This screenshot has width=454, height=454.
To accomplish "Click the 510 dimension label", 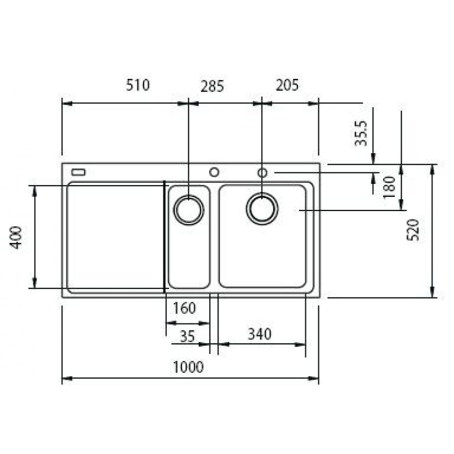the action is [138, 85].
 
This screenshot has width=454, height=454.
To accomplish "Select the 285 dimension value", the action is [212, 86].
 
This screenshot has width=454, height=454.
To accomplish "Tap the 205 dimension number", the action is [287, 85].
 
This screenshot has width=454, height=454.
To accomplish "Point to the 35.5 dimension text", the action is [361, 133].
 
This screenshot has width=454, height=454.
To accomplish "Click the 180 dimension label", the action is [389, 187].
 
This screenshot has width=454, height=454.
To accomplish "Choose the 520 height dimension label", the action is [413, 230].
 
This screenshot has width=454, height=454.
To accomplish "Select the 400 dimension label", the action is [16, 237].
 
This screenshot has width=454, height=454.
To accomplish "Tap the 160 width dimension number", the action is [184, 308].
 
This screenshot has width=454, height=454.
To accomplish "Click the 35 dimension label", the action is [187, 336].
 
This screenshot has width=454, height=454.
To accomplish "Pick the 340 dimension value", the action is [259, 334].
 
